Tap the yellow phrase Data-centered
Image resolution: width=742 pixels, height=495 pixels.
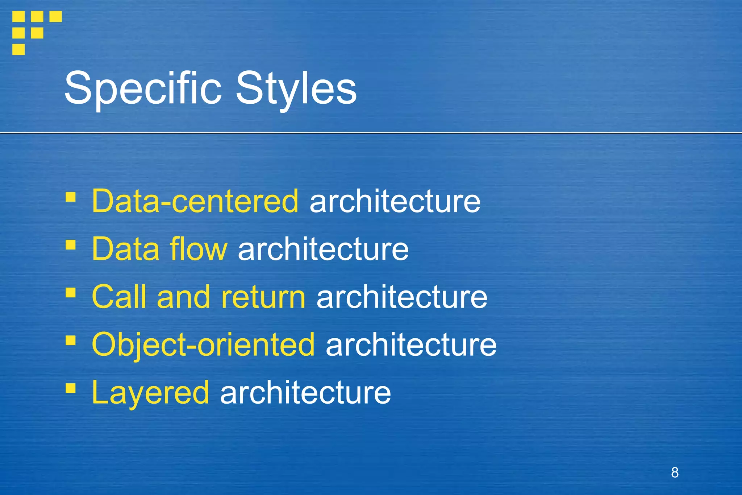pyautogui.click(x=195, y=201)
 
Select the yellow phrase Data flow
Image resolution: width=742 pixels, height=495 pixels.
pyautogui.click(x=159, y=249)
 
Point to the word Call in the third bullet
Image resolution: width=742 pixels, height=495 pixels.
pyautogui.click(x=119, y=297)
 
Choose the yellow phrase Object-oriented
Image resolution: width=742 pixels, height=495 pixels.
pyautogui.click(x=203, y=345)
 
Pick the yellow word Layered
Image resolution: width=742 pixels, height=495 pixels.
pyautogui.click(x=150, y=393)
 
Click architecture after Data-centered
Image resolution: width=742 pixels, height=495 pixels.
pyautogui.click(x=395, y=201)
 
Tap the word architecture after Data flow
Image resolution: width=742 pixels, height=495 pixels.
pyautogui.click(x=323, y=249)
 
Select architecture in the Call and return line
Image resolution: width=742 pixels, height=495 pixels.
pyautogui.click(x=402, y=297)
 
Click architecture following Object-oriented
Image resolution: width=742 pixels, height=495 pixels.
pyautogui.click(x=411, y=345)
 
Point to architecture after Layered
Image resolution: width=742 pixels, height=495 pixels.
pyautogui.click(x=305, y=393)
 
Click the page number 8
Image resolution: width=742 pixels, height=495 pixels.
pyautogui.click(x=675, y=473)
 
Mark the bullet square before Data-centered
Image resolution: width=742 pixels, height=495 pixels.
pyautogui.click(x=71, y=197)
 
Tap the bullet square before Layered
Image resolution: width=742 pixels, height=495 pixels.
pyautogui.click(x=71, y=388)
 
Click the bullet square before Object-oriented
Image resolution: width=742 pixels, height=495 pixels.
pyautogui.click(x=71, y=341)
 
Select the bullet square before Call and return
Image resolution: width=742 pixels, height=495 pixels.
pyautogui.click(x=71, y=293)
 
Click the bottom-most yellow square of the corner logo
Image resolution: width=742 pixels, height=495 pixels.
pyautogui.click(x=18, y=49)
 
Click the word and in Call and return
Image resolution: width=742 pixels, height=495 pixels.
pyautogui.click(x=183, y=297)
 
